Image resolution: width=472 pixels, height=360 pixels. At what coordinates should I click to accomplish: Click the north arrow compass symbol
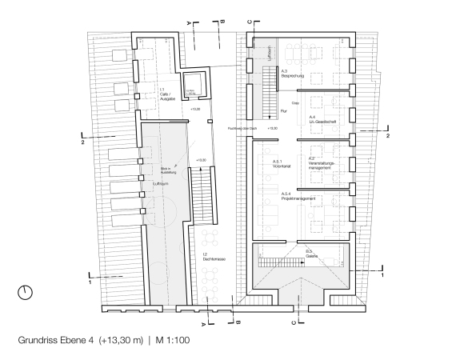point(26,292)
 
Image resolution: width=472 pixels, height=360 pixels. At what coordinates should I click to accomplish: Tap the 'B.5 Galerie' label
point(312,254)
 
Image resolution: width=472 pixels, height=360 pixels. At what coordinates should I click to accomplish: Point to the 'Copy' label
point(294,103)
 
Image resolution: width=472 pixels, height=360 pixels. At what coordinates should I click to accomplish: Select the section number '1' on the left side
point(90,282)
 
